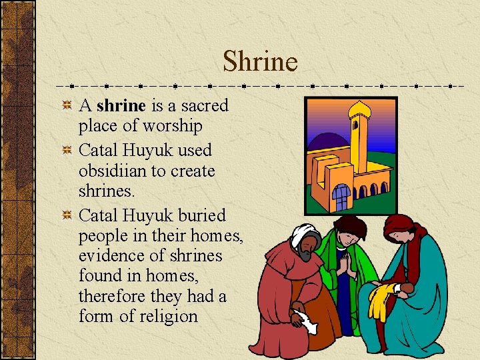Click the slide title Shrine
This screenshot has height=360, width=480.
point(260,61)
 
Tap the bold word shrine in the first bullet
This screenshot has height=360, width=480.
point(121,105)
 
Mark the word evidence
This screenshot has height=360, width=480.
point(111,255)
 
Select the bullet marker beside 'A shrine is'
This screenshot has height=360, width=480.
point(67,105)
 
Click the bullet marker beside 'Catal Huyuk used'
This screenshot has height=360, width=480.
point(67,150)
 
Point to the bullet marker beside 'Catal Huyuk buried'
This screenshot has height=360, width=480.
point(67,215)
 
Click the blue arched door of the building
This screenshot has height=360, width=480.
point(341,197)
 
